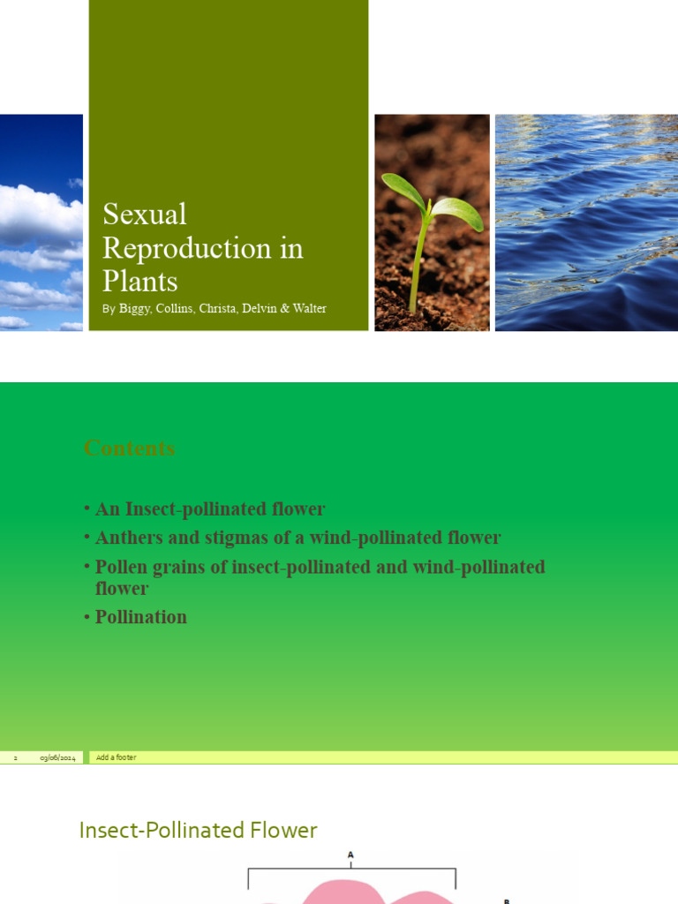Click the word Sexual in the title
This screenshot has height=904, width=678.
click(x=145, y=215)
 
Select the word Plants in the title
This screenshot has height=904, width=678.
click(x=139, y=281)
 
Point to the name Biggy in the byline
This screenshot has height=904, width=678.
click(x=135, y=309)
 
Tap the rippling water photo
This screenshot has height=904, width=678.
click(x=586, y=222)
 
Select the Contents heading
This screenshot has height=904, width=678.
click(x=129, y=448)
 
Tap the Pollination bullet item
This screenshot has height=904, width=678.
click(x=141, y=617)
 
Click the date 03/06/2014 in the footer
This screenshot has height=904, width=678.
click(x=57, y=757)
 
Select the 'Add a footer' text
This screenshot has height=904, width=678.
click(x=117, y=757)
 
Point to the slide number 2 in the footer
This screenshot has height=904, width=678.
click(x=15, y=757)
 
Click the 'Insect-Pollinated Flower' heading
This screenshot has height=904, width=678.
click(x=198, y=830)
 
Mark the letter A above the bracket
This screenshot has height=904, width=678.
click(x=351, y=855)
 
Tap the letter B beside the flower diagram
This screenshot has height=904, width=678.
click(x=507, y=900)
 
